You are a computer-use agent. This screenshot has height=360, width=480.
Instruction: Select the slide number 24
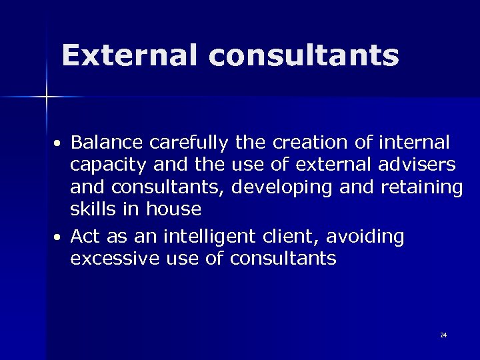(x=443, y=335)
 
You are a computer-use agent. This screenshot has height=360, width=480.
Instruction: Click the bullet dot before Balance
(x=59, y=145)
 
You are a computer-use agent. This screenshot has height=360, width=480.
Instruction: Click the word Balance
(x=107, y=143)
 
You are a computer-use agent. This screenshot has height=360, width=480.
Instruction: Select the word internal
(x=414, y=143)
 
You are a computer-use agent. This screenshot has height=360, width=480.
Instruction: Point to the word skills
(x=93, y=209)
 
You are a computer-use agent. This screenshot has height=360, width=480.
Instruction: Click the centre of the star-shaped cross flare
(x=47, y=97)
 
